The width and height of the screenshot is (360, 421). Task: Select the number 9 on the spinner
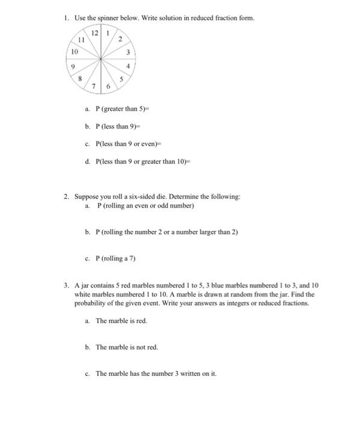(x=73, y=67)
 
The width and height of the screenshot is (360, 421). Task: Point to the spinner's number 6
(x=108, y=87)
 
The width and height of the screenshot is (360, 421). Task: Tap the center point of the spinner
(x=102, y=59)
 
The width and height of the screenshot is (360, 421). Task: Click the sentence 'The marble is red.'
(x=121, y=321)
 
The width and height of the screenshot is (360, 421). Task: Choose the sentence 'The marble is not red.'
(x=127, y=347)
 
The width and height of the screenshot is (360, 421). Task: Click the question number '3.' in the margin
(x=67, y=284)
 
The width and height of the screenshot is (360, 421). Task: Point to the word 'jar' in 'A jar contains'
(x=85, y=284)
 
